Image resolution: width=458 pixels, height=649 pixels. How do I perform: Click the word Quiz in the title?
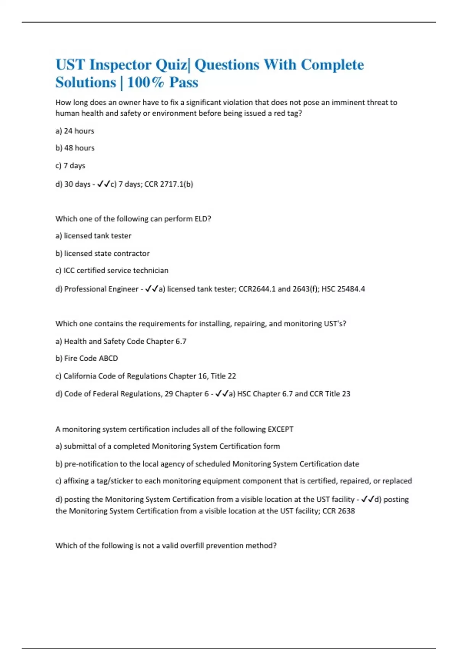pos(171,65)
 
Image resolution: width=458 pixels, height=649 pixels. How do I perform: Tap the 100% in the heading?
pos(145,82)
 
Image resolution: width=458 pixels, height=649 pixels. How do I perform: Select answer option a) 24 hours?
pos(75,131)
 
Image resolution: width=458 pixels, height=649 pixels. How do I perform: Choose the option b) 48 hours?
pos(75,148)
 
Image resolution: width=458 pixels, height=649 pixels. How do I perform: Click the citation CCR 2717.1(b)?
pos(169,184)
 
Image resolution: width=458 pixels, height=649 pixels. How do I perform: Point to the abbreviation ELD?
pos(203,219)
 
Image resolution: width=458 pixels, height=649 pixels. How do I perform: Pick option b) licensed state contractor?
pos(102,253)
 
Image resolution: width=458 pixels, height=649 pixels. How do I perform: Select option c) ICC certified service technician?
pos(112,271)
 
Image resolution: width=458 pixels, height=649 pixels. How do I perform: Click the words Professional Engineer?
pos(101,289)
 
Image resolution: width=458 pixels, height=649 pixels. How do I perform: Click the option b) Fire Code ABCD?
pos(87,358)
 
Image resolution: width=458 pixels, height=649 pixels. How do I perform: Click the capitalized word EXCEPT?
pos(281,429)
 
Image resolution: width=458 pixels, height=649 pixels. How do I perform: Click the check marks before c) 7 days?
pos(103,184)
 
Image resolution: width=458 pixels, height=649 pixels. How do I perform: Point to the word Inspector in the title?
pos(120,65)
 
